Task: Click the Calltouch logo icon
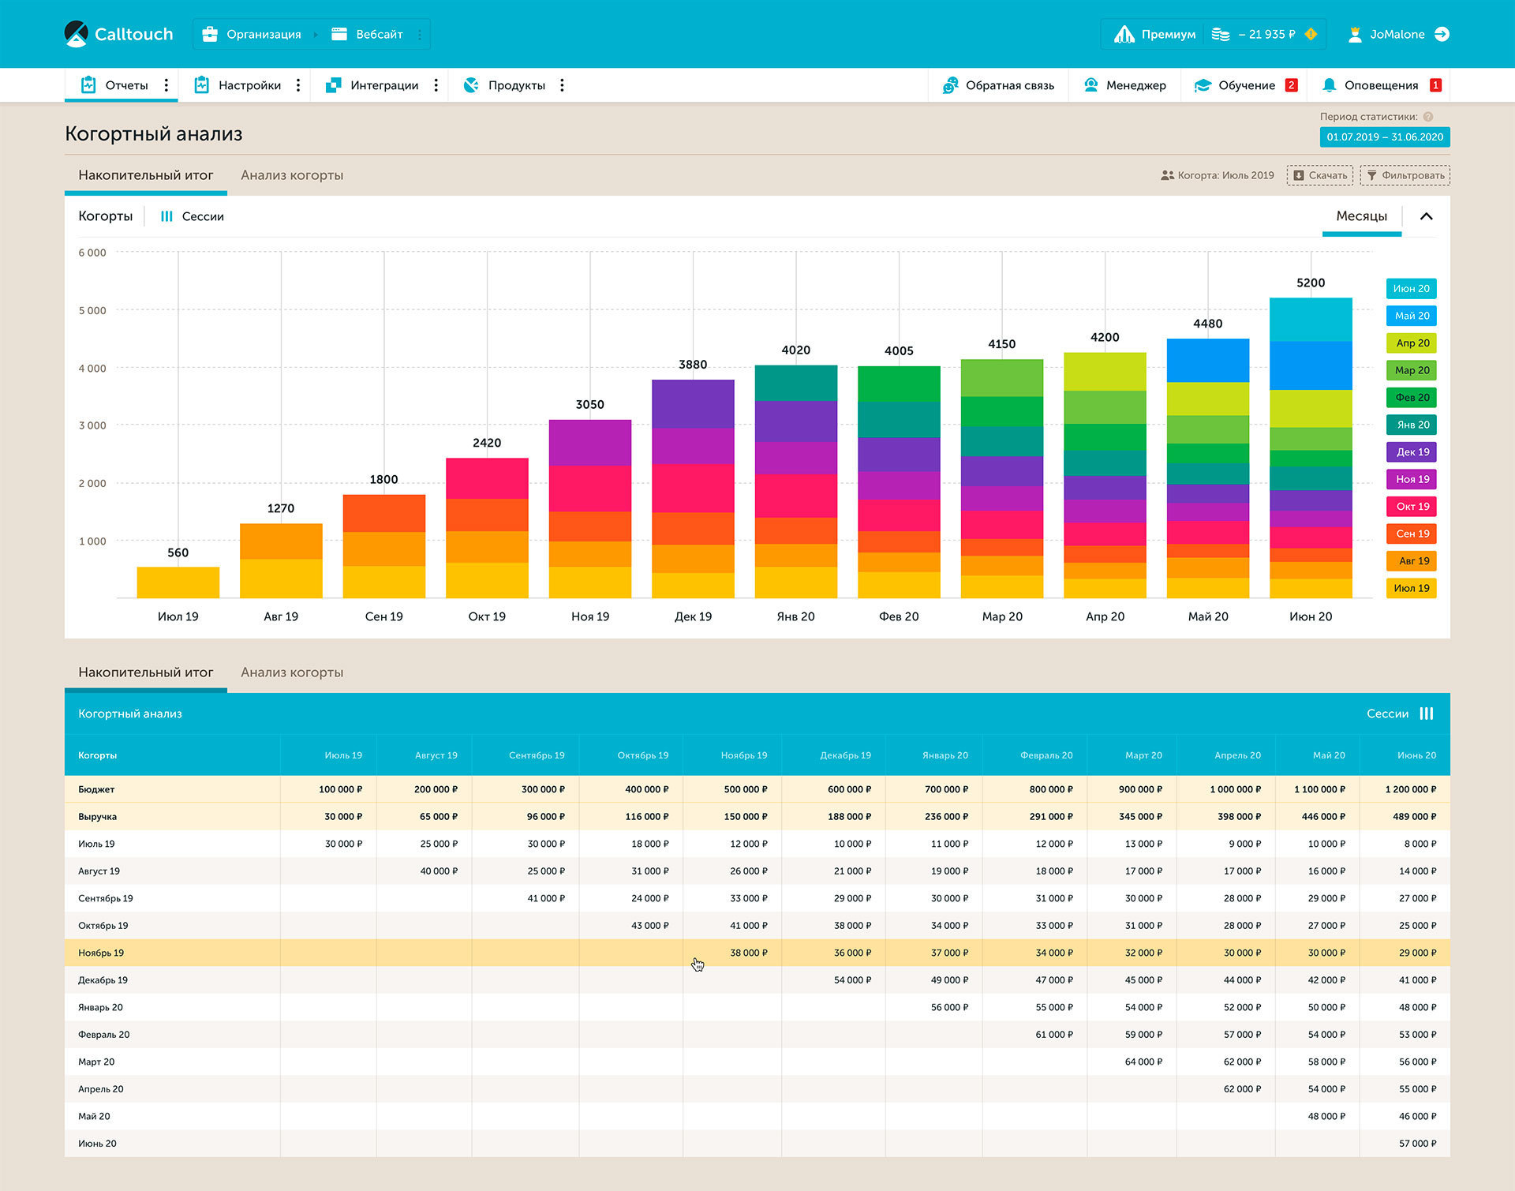coord(76,34)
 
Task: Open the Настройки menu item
coord(249,85)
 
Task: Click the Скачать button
coord(1320,175)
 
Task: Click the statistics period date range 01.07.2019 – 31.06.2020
coord(1385,137)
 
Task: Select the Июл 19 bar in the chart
coord(178,582)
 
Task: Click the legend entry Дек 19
coord(1412,452)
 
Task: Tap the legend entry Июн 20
coord(1412,289)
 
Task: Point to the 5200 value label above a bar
coord(1311,283)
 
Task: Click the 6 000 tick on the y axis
coord(92,253)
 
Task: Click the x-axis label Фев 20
coord(899,616)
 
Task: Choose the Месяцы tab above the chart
coord(1362,216)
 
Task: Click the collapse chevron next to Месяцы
coord(1427,216)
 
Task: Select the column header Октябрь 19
coord(643,755)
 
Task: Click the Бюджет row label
coord(96,789)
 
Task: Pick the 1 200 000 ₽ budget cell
coord(1411,789)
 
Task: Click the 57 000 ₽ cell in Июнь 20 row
coord(1418,1144)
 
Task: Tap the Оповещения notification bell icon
coord(1330,85)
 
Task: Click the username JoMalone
coord(1397,34)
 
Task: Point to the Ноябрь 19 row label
coord(101,953)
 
